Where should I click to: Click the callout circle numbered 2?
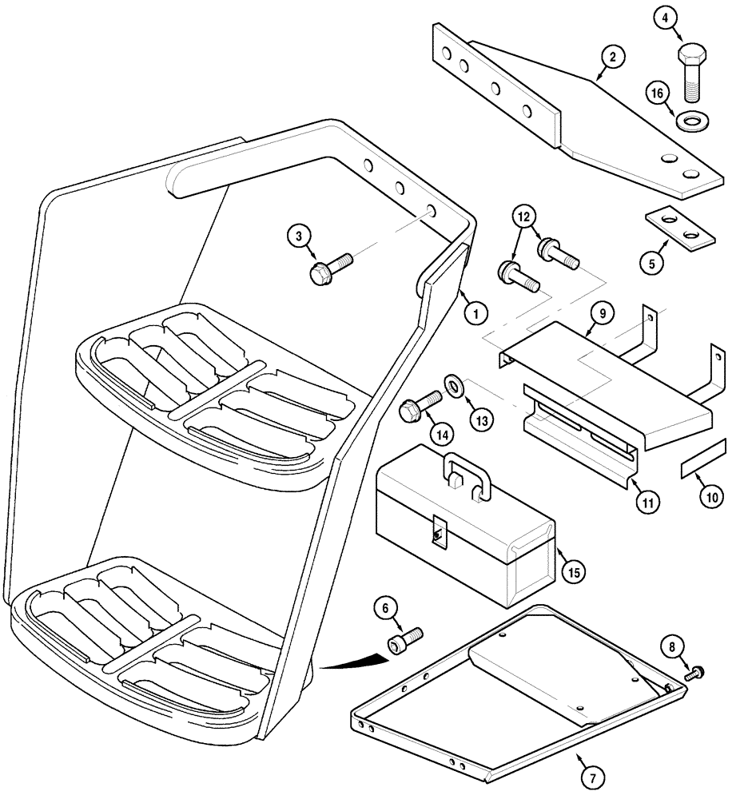pos(613,57)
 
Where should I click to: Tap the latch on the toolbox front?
pos(436,530)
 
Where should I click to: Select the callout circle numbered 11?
pos(649,503)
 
